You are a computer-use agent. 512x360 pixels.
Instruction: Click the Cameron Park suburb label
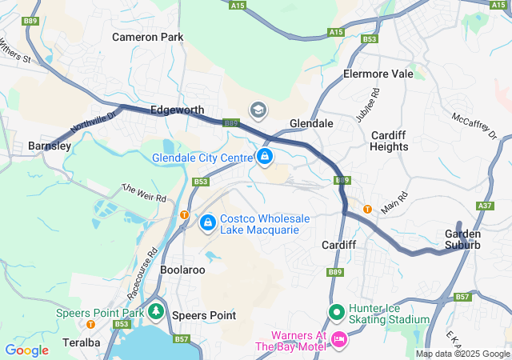pos(147,37)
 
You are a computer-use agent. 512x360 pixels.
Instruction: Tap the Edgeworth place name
pos(178,110)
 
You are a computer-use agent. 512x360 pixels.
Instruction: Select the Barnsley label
pos(50,146)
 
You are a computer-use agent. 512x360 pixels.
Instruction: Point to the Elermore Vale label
pos(378,74)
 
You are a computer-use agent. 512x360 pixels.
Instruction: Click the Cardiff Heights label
pos(390,141)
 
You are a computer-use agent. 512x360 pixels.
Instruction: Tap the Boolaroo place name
pos(183,270)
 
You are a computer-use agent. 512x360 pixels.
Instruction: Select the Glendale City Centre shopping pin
pos(264,156)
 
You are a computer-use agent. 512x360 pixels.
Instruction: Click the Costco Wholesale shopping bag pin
pos(207,222)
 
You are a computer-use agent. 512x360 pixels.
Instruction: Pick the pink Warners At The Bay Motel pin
pos(338,339)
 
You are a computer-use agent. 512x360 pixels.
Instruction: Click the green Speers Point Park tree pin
pos(157,311)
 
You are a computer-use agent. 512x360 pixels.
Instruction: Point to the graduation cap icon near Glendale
pos(258,110)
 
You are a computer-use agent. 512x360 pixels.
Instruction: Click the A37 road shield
pos(484,206)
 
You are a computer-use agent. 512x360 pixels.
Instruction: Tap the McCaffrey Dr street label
pos(474,124)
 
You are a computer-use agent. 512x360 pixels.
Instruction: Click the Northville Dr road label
pos(93,122)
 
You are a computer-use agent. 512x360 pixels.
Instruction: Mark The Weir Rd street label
pos(144,192)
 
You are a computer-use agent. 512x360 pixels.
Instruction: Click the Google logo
pos(26,350)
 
